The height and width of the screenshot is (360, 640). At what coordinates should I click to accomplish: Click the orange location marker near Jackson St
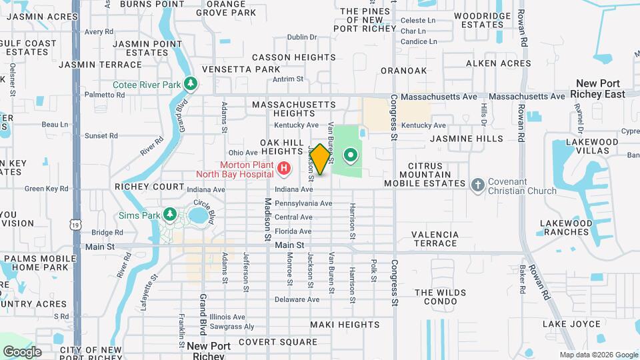320,159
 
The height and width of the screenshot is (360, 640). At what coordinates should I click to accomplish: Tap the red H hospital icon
285,169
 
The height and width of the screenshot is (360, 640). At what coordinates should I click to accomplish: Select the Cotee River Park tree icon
192,83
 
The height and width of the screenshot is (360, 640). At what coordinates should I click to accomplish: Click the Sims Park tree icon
170,214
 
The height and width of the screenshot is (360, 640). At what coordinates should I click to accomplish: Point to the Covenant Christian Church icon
477,185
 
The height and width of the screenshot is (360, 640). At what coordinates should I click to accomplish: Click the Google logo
22,351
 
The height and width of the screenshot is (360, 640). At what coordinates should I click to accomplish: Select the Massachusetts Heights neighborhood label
294,109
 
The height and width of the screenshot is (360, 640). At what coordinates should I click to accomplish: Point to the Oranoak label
403,70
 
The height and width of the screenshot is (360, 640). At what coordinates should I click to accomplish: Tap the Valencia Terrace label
435,239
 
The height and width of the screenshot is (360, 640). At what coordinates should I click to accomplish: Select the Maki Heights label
345,325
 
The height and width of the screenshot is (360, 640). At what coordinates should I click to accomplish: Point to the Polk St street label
374,269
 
